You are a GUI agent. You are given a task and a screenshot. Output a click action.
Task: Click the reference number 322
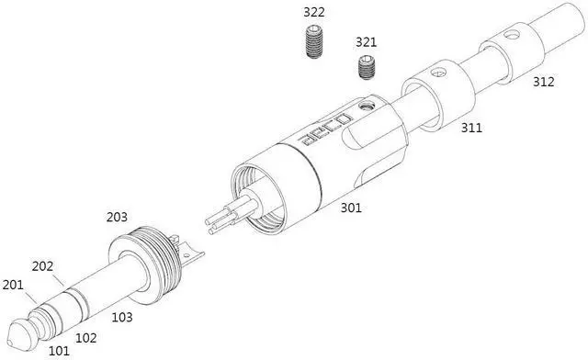[x=314, y=12]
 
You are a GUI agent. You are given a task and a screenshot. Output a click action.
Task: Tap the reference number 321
[x=366, y=42]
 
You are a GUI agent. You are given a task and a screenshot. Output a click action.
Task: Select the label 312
[x=543, y=82]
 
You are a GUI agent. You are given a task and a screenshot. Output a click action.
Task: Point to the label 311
[x=471, y=128]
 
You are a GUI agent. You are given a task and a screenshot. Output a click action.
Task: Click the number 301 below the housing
[x=351, y=208]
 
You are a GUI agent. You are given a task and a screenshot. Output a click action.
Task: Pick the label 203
[x=117, y=217]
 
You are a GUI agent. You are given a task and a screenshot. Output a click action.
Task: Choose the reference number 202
[x=42, y=266]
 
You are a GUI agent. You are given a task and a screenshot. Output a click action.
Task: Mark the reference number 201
[x=13, y=285]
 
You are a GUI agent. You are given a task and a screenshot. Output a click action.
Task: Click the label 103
[x=122, y=317]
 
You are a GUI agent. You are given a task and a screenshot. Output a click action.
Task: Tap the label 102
[x=86, y=338]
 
